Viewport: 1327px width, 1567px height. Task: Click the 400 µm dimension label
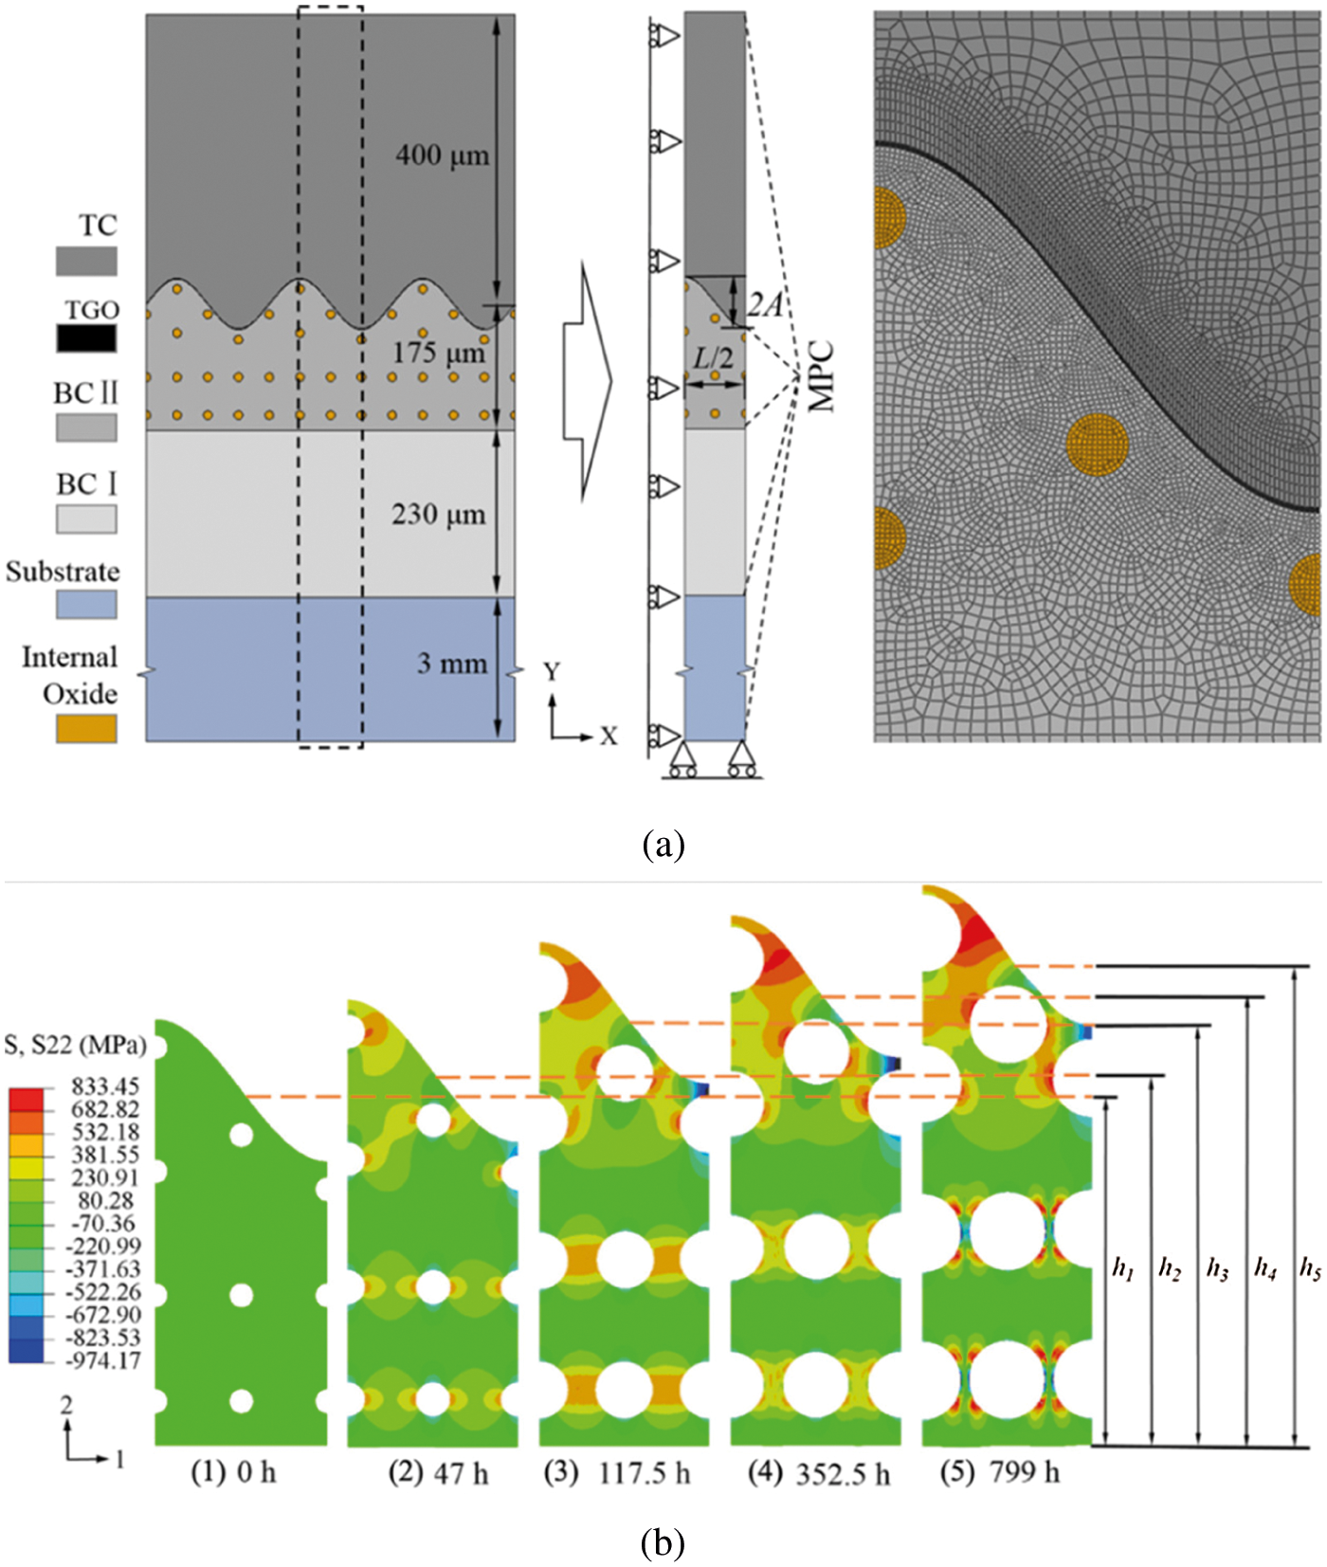(x=442, y=155)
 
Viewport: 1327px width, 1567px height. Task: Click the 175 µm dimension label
(x=438, y=353)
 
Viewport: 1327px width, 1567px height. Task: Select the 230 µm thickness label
(x=438, y=515)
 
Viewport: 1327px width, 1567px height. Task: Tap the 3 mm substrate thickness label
(x=452, y=664)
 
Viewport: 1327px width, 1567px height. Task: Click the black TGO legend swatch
(x=86, y=338)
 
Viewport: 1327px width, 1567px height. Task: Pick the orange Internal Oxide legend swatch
(x=86, y=728)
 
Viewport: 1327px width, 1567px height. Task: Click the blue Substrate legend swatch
(x=86, y=604)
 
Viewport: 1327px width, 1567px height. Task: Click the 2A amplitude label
(x=764, y=304)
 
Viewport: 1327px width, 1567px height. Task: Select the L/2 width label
(x=713, y=358)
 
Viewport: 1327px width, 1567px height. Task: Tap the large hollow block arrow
(x=589, y=381)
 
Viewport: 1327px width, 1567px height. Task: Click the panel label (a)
(x=663, y=844)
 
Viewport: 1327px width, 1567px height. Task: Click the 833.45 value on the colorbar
(x=105, y=1086)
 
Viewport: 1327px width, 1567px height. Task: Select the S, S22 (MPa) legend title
(x=76, y=1046)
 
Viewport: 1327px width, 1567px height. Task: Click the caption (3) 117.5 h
(x=617, y=1473)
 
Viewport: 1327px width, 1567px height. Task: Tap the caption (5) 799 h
(x=1000, y=1472)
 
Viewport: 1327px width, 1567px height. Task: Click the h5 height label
(x=1310, y=1268)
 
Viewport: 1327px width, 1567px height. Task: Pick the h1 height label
(x=1123, y=1268)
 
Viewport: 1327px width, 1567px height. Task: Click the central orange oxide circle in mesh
(x=1098, y=444)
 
